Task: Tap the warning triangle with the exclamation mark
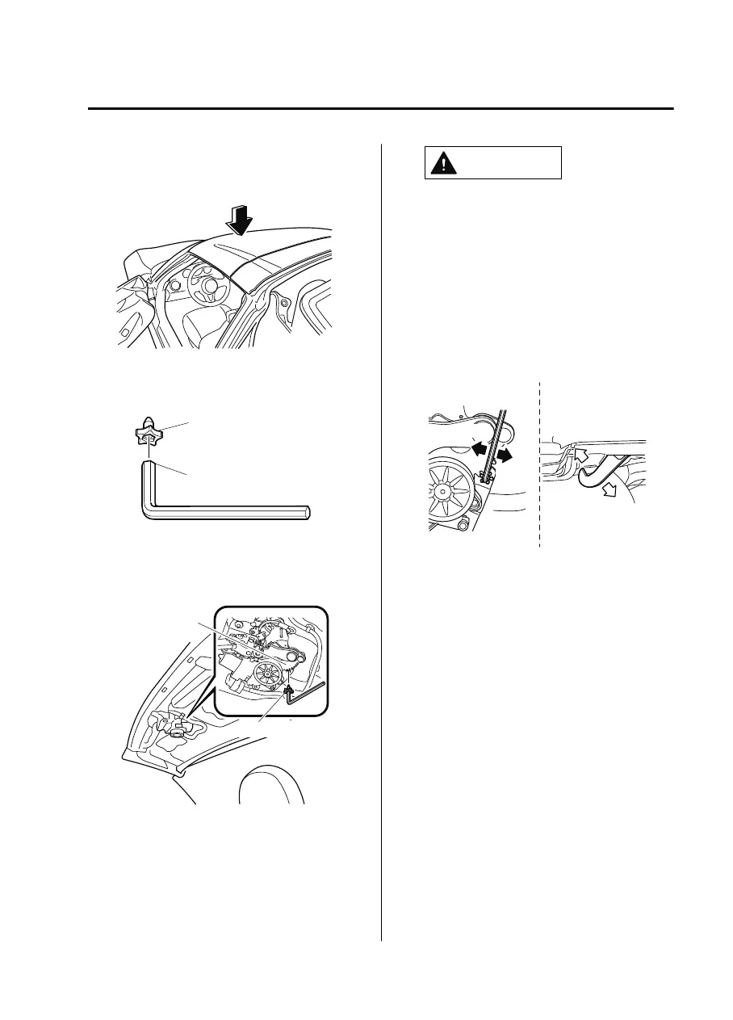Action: coord(442,163)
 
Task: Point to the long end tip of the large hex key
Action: coord(308,512)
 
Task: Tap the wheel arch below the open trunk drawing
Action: coord(272,783)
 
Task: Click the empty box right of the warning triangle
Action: coord(509,162)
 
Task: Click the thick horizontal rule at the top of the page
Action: coord(379,108)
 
